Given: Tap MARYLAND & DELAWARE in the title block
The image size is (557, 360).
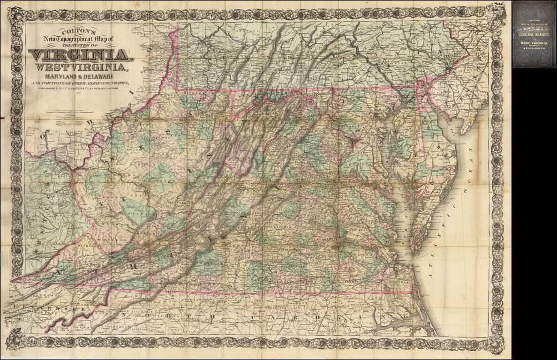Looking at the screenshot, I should (80, 77).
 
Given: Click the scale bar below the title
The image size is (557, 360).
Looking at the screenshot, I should (70, 111).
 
